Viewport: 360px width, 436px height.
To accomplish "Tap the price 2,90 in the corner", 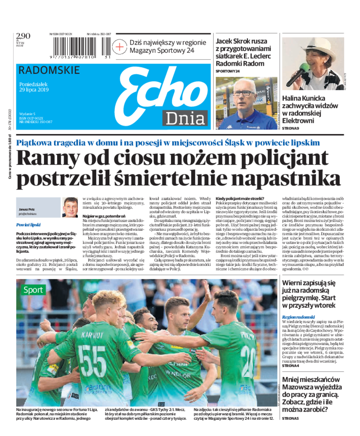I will tap(23, 36).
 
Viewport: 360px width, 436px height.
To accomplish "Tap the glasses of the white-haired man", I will tap(243, 93).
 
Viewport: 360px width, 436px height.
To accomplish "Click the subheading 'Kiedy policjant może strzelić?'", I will tap(240, 199).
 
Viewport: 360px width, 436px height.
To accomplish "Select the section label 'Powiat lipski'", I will tap(28, 224).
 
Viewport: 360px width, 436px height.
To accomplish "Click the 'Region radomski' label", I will tap(298, 317).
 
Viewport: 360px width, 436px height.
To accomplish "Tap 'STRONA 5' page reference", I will tap(290, 419).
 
